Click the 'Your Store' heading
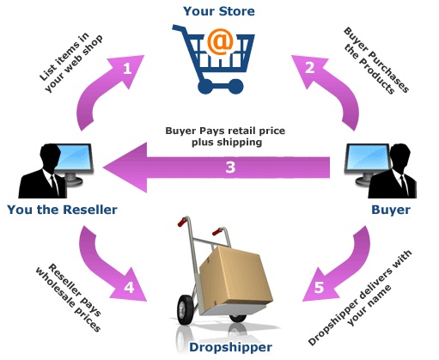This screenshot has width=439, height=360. [x=218, y=11]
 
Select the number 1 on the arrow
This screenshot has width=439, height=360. [x=127, y=68]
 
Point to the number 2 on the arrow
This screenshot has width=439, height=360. [x=309, y=68]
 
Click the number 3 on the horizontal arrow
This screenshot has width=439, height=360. [x=229, y=167]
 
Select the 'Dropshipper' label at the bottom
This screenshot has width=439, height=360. [x=219, y=347]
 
